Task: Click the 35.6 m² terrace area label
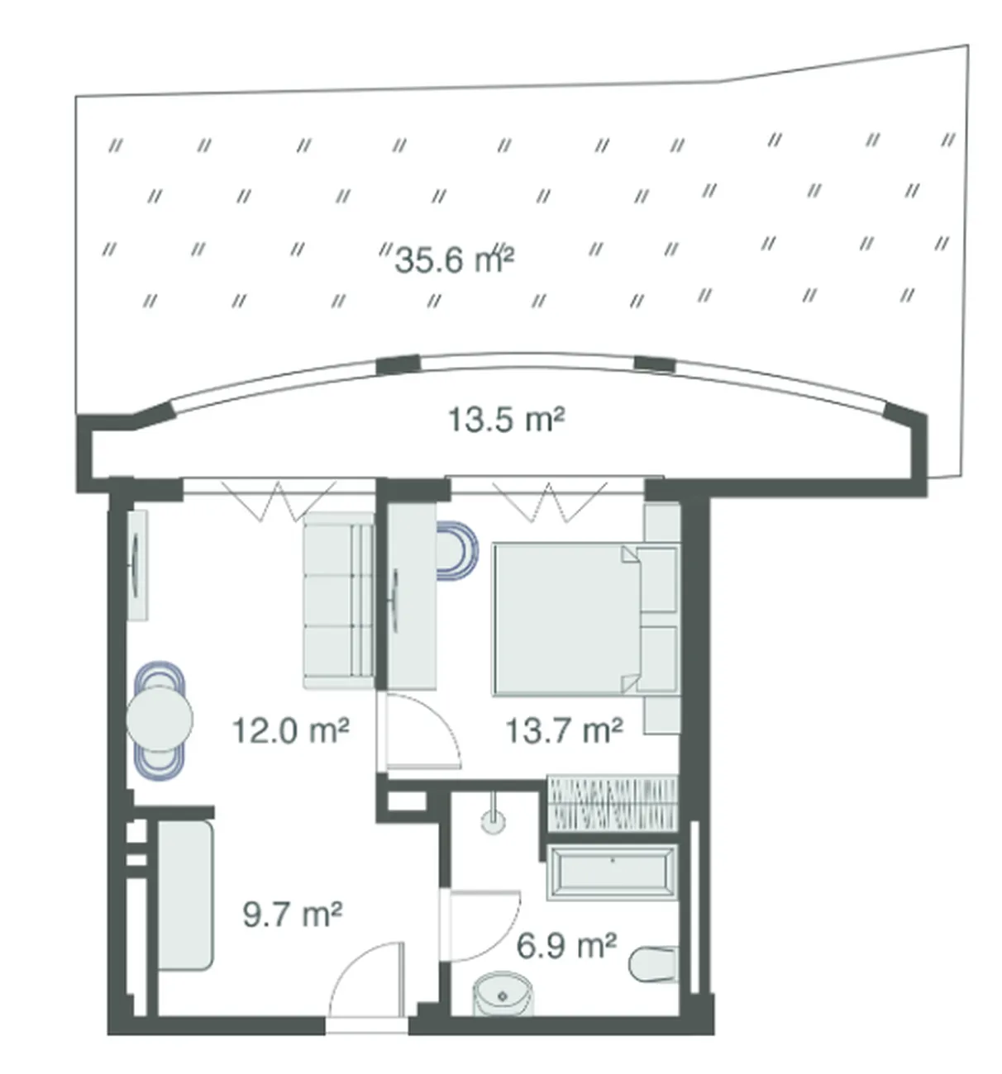click(454, 259)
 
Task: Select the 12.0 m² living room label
click(291, 729)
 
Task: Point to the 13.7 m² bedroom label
click(564, 729)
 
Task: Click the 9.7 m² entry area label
click(293, 913)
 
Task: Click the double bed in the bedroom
click(584, 619)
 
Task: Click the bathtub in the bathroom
click(612, 872)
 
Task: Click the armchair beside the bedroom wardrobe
click(456, 550)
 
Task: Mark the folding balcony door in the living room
click(279, 500)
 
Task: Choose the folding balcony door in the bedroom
click(549, 500)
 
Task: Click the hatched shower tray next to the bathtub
click(612, 804)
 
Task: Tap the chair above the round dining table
click(160, 676)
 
